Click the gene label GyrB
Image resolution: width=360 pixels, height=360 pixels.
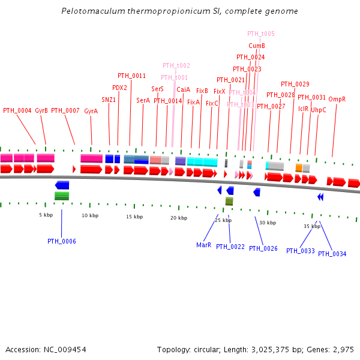[41, 110]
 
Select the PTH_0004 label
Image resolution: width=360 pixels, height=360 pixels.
[17, 110]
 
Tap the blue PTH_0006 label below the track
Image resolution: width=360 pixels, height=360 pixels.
[61, 241]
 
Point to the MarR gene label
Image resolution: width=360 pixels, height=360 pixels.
[203, 245]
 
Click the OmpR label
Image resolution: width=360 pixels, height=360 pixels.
[337, 99]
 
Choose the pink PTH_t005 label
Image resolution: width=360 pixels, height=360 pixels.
[260, 34]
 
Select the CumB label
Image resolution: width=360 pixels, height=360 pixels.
[257, 46]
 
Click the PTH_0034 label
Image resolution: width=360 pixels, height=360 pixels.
[332, 254]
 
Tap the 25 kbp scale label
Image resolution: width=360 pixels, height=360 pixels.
[223, 220]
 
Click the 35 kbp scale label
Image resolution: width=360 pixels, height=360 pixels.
[311, 226]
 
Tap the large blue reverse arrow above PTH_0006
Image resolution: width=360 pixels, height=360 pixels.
[62, 185]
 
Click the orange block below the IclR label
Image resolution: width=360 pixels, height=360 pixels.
[299, 168]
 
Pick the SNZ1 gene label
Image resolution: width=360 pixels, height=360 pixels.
[109, 100]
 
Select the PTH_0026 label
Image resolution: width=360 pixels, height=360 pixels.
[263, 248]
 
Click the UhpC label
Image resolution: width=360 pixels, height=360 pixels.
[319, 110]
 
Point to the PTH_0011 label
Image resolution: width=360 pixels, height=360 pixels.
[131, 76]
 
